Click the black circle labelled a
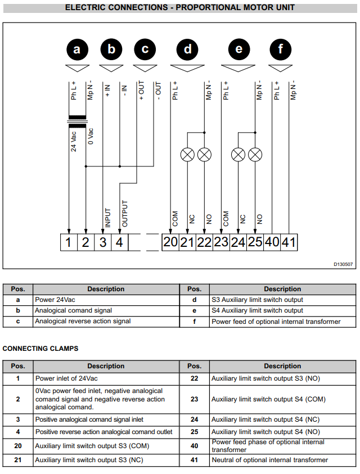[x=76, y=49]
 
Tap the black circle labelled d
[x=187, y=49]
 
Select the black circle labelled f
[x=280, y=49]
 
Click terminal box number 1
[x=69, y=242]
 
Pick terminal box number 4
[x=119, y=242]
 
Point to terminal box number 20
[x=170, y=242]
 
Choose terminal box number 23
[x=221, y=242]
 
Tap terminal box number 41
[x=289, y=242]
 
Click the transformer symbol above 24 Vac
[x=77, y=122]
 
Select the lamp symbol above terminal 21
[x=187, y=155]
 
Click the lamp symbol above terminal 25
[x=255, y=155]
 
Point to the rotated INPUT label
[x=107, y=218]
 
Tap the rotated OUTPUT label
[x=125, y=214]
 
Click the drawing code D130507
[x=343, y=264]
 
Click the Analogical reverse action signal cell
[x=83, y=321]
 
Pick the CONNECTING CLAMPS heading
[x=40, y=349]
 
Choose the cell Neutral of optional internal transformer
[x=269, y=460]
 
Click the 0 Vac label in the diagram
[x=91, y=136]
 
